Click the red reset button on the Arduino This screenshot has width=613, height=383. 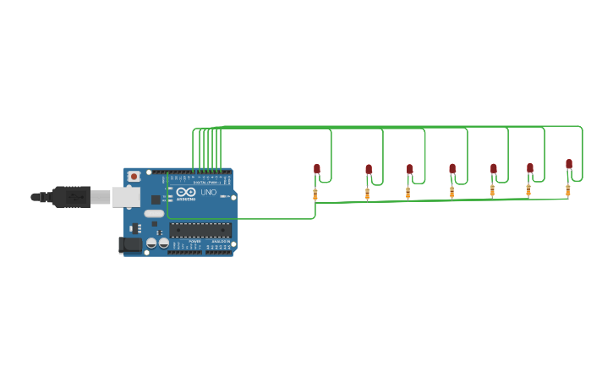point(134,176)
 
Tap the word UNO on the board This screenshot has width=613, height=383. point(208,193)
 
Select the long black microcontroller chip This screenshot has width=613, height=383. point(200,229)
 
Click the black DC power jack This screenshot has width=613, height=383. point(130,244)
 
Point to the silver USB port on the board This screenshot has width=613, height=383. point(125,197)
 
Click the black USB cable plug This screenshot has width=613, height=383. point(71,197)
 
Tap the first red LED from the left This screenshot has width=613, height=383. point(317,168)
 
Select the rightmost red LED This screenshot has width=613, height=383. point(569,163)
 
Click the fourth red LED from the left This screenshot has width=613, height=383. point(452,168)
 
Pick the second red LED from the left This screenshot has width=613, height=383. point(369,169)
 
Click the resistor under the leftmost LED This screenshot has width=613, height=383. point(315,194)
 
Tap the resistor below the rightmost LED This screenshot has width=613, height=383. point(567,190)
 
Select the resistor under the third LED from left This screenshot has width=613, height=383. point(408,193)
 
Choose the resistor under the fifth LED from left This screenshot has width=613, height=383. point(492,191)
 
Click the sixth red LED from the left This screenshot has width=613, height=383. point(530,167)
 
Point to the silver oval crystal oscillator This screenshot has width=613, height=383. point(154,214)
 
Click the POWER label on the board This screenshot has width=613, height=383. point(194,241)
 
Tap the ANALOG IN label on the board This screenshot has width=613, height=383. point(220,241)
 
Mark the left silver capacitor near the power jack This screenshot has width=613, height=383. point(151,243)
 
